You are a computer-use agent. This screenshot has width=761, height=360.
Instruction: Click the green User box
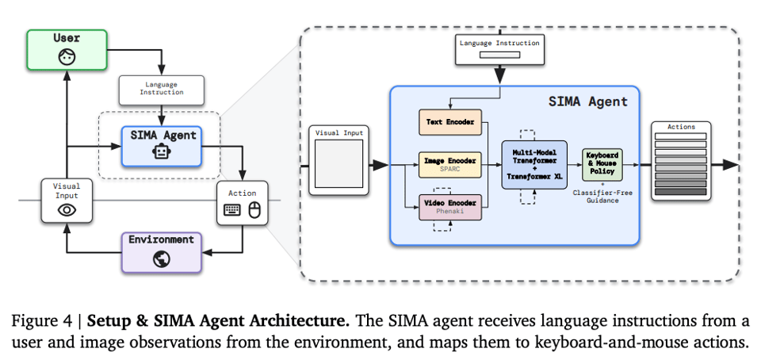pos(67,49)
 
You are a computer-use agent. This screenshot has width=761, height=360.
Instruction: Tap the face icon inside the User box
pos(67,57)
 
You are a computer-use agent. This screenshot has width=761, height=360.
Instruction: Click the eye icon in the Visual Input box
pos(67,210)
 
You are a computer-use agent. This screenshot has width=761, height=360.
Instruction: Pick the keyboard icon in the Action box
pos(232,210)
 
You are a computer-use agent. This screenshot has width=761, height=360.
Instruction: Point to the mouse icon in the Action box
pos(254,210)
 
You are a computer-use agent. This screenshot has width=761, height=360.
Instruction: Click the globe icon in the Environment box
pos(162,259)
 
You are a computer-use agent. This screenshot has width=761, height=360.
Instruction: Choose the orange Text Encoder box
pos(449,123)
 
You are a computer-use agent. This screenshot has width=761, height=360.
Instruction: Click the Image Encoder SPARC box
pos(449,165)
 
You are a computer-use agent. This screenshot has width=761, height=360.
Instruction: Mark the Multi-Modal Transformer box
pos(535,165)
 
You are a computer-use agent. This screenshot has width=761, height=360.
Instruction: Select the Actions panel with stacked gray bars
pos(680,164)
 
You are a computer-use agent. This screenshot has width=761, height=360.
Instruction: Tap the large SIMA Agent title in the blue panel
pos(587,101)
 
